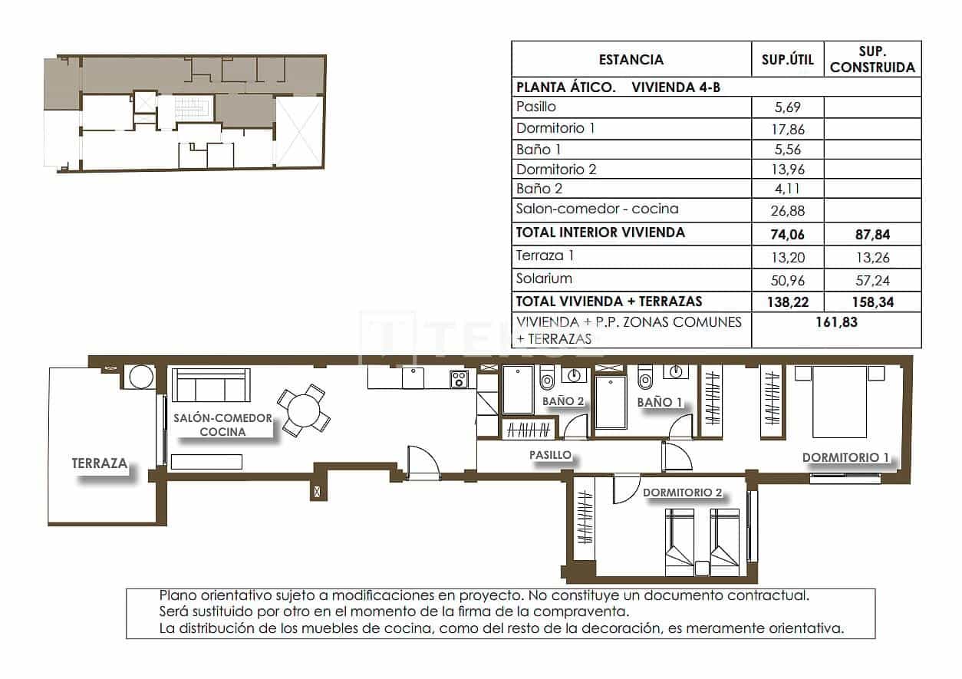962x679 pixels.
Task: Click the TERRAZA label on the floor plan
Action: tap(99, 463)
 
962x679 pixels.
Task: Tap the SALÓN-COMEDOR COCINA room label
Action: tap(222, 425)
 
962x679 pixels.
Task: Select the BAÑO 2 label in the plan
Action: tap(563, 401)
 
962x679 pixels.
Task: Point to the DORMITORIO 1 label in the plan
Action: tap(845, 458)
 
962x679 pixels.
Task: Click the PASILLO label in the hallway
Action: tap(550, 455)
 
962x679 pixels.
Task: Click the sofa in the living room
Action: tap(211, 385)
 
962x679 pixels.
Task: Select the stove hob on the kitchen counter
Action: tap(460, 378)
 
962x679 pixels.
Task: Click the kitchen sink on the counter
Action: tap(413, 377)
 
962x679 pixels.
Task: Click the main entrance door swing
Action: tap(423, 463)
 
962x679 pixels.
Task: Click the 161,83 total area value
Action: tap(836, 323)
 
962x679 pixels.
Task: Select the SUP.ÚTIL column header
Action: tap(787, 59)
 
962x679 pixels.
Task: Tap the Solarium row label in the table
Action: tap(544, 279)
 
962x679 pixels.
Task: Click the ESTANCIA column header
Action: tap(631, 59)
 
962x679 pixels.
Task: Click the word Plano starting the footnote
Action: tap(177, 595)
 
